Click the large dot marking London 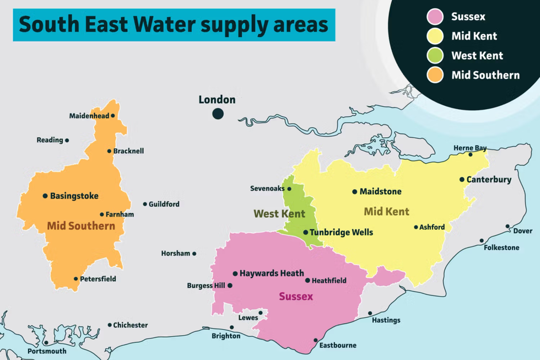[218, 114]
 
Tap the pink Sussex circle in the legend [435, 17]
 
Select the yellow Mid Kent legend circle [435, 36]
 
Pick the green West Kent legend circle [435, 56]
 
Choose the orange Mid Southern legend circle [435, 75]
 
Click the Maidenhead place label [89, 116]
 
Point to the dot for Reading [67, 140]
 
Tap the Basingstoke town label [74, 196]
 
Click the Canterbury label [489, 180]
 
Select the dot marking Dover [507, 226]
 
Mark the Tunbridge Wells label [341, 232]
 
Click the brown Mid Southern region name [81, 225]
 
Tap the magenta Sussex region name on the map [296, 297]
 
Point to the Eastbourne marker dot [316, 340]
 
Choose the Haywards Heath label [272, 273]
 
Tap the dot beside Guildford [145, 204]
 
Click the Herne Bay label [470, 148]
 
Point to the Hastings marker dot [370, 313]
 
